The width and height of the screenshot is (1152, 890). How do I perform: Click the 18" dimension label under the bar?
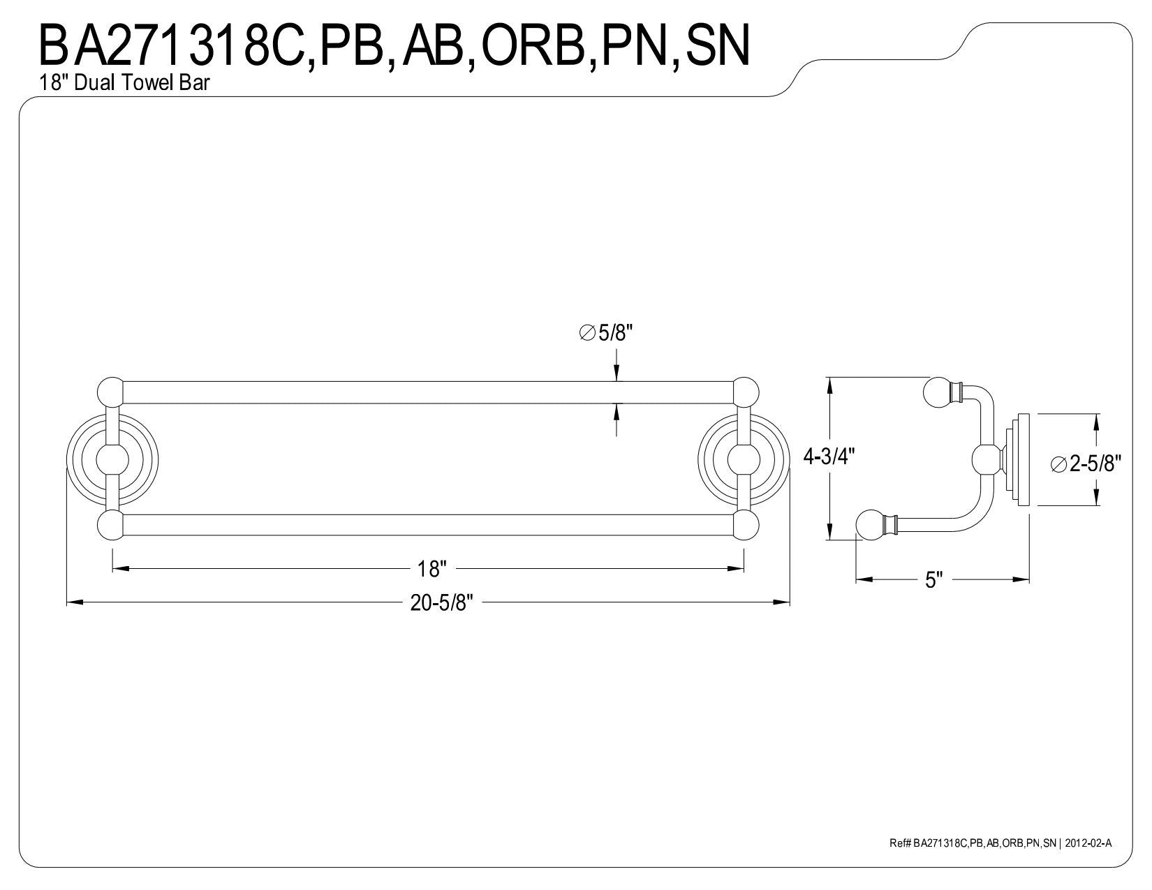431,570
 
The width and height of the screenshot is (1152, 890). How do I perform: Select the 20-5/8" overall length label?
441,602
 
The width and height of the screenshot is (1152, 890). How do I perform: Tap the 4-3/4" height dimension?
829,457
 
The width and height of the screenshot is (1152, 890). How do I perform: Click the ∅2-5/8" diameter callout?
1086,464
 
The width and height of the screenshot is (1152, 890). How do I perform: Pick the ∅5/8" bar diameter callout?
607,333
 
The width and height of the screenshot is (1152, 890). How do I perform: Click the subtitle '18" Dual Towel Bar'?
124,82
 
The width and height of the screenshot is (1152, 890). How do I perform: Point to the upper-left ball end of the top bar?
110,392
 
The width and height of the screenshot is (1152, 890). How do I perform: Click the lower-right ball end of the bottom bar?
746,525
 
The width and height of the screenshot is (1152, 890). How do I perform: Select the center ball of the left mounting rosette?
112,459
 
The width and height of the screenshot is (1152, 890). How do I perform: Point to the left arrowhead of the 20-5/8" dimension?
75,602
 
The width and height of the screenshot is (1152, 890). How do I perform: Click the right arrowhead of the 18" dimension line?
736,569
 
